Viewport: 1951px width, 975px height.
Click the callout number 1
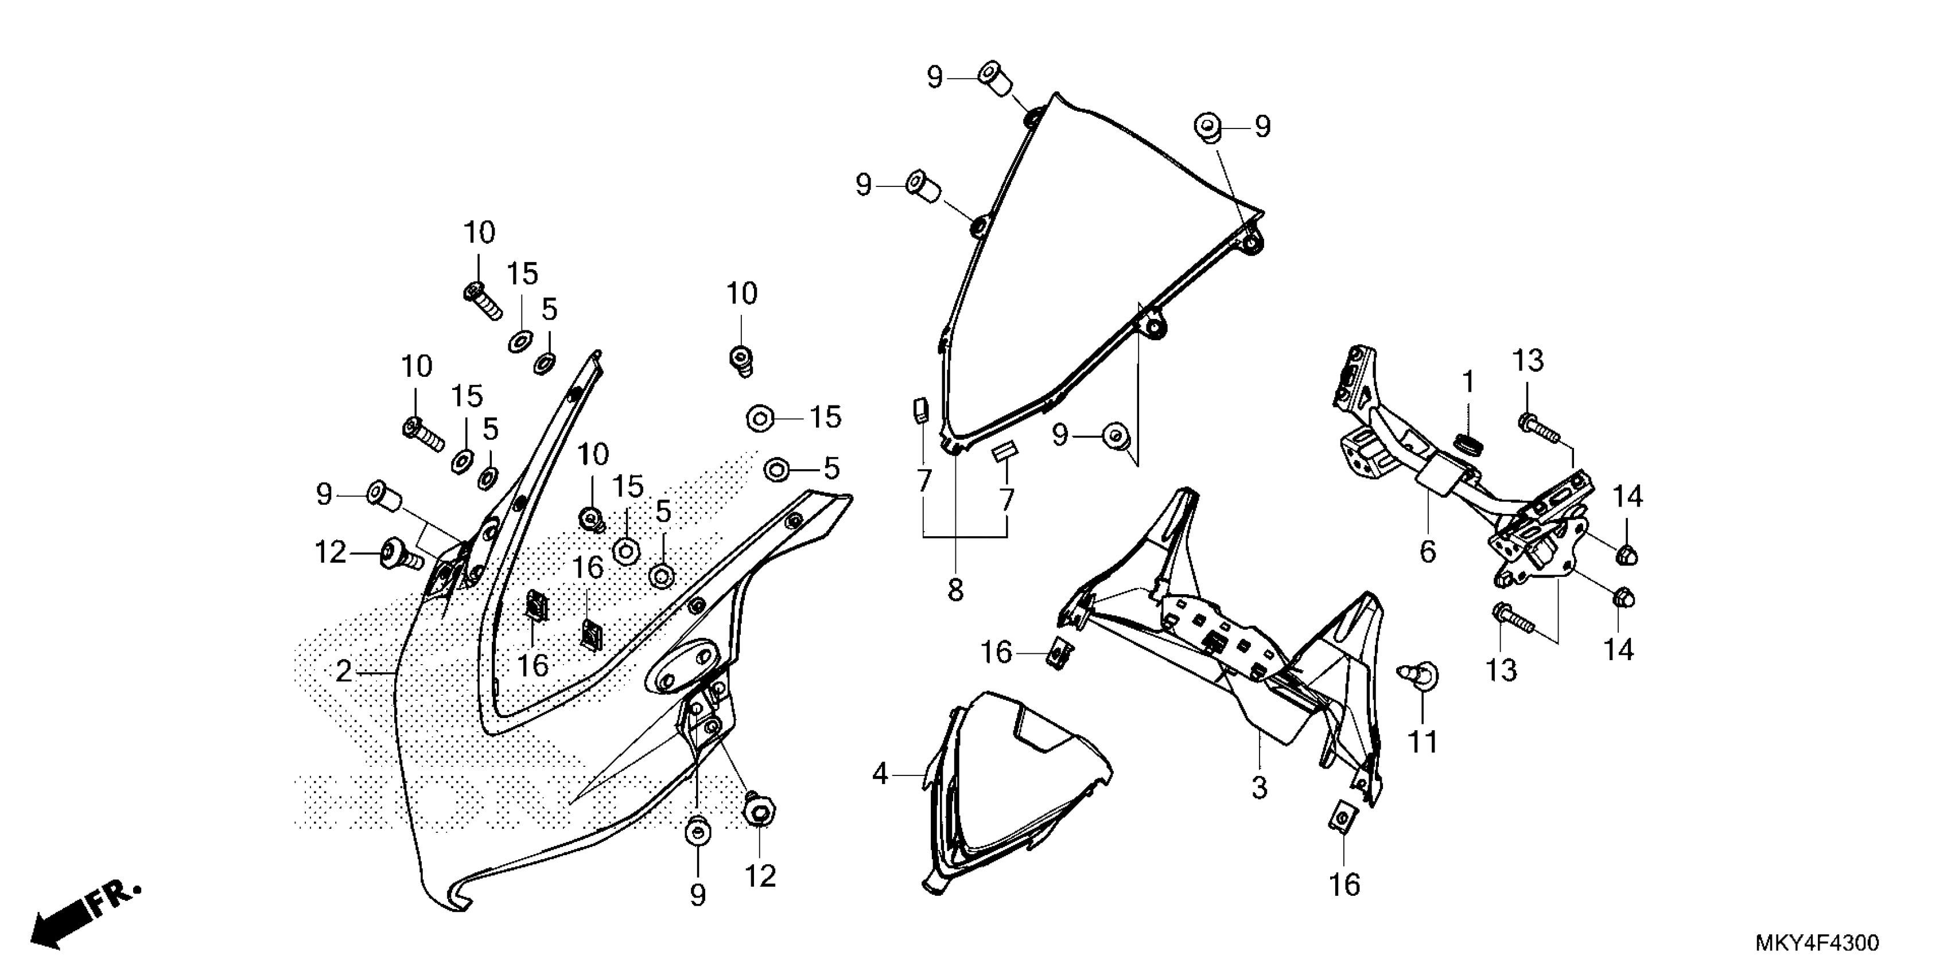1468,383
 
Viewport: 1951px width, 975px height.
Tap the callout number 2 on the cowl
344,672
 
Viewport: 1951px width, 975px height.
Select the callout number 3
1259,788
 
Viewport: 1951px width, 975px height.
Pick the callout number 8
955,591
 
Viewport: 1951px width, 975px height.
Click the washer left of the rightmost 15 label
760,418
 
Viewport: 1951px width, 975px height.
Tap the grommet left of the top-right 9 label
1208,127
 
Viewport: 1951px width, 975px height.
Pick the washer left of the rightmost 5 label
777,469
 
